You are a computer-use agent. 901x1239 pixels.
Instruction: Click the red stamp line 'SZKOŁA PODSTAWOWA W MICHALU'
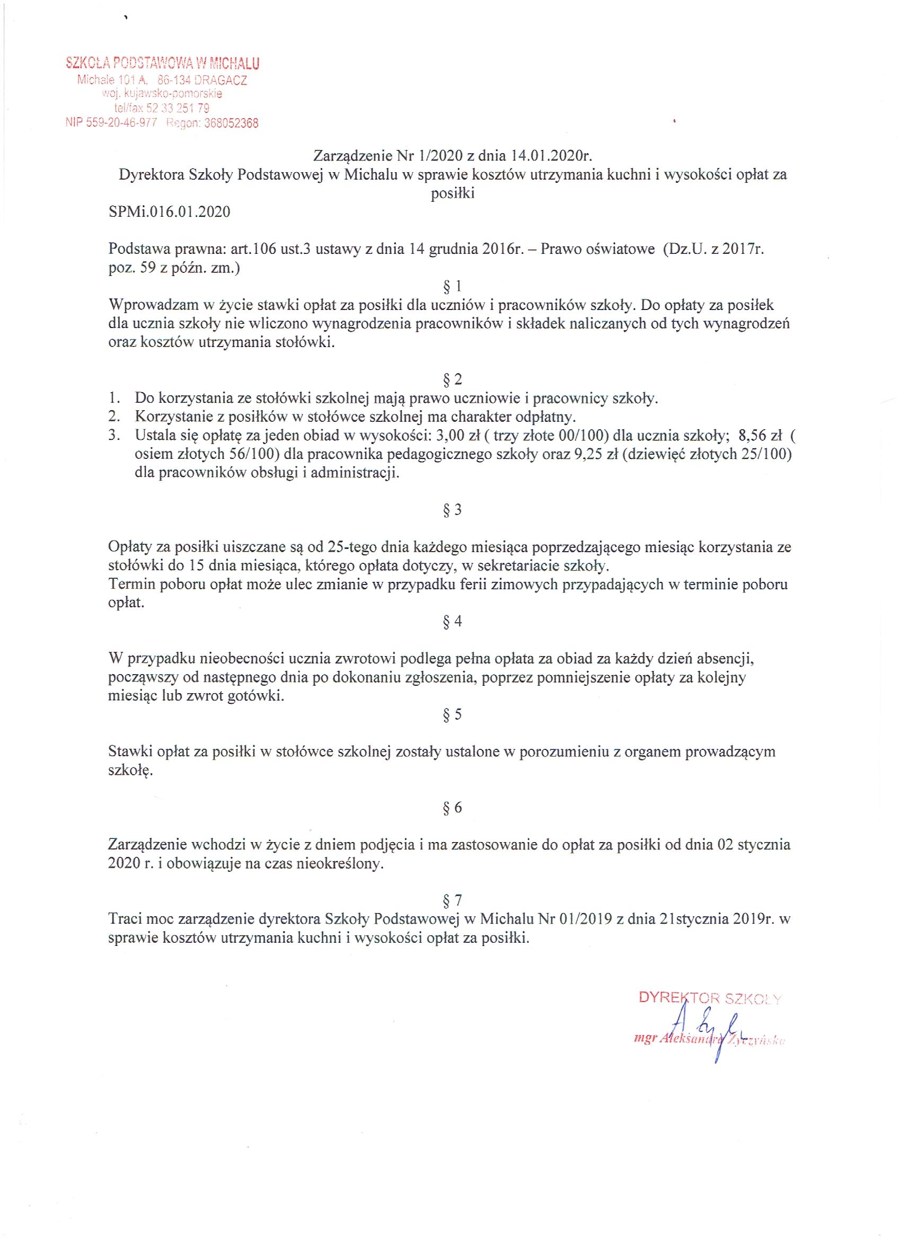click(162, 64)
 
